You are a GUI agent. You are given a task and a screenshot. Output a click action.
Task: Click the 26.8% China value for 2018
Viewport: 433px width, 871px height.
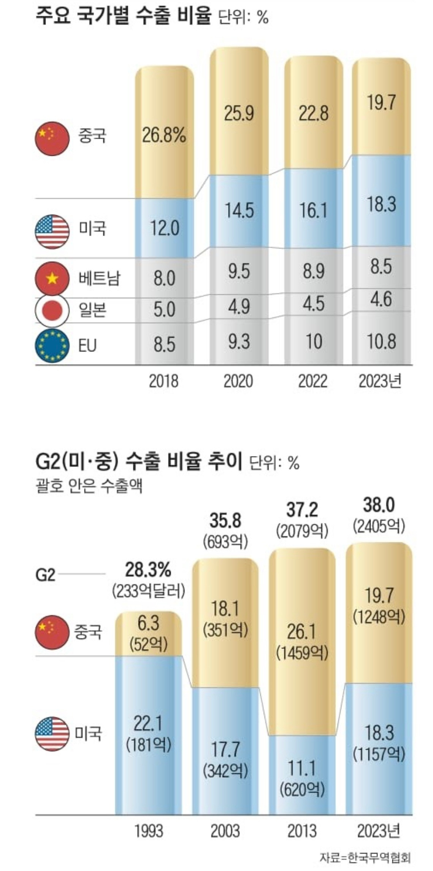click(164, 135)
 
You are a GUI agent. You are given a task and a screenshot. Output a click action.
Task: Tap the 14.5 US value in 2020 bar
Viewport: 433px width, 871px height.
click(238, 210)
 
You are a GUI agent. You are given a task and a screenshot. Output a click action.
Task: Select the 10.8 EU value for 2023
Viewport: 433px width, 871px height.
click(381, 341)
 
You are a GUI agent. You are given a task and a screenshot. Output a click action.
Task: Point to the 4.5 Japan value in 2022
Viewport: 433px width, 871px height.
click(313, 304)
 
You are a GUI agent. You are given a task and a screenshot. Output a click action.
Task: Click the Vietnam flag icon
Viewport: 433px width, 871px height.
click(52, 279)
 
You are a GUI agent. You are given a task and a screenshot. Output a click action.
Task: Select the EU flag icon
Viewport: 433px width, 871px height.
click(52, 345)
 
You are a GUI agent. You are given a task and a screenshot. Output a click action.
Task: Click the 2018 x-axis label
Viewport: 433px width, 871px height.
click(163, 381)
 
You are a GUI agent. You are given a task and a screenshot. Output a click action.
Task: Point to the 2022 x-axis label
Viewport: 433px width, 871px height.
click(312, 381)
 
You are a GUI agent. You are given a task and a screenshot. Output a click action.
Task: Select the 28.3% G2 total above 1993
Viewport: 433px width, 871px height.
click(148, 571)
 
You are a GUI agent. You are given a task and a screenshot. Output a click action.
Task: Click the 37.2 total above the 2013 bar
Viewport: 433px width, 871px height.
click(302, 510)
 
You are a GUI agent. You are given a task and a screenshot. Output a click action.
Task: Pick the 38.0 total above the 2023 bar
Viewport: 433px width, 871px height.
click(379, 505)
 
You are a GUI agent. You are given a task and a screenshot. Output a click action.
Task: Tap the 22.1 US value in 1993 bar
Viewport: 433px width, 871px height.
click(148, 723)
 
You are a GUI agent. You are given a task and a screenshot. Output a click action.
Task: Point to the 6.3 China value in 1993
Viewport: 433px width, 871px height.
click(148, 624)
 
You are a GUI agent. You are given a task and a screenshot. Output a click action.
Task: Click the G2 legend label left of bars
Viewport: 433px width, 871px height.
click(45, 575)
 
